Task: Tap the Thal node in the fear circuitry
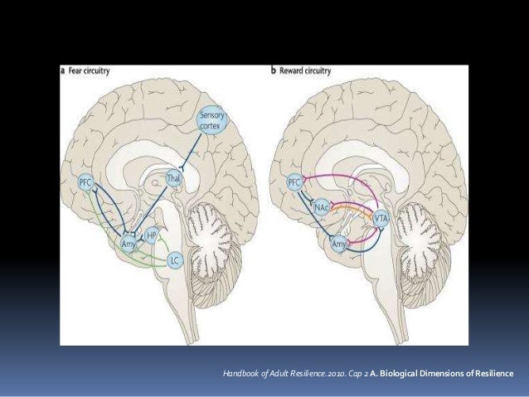pyautogui.click(x=173, y=179)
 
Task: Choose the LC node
pyautogui.click(x=174, y=261)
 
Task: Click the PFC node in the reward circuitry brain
pyautogui.click(x=293, y=181)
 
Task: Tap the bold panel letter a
pyautogui.click(x=63, y=71)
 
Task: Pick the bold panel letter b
pyautogui.click(x=274, y=71)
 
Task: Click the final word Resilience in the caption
pyautogui.click(x=491, y=374)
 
